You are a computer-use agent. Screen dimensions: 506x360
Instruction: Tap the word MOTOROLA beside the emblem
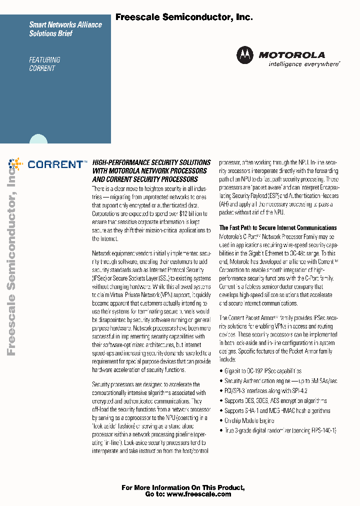point(291,55)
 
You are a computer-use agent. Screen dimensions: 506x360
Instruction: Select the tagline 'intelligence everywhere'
point(304,64)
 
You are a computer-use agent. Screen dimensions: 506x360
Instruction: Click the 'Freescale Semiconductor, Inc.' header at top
point(184,17)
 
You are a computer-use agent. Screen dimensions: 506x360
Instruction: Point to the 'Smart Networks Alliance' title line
point(65,24)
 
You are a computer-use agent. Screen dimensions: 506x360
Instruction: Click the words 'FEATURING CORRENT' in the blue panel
point(44,64)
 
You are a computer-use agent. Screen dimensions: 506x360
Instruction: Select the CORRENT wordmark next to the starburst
point(55,164)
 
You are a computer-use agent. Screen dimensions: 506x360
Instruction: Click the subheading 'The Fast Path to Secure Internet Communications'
point(278,227)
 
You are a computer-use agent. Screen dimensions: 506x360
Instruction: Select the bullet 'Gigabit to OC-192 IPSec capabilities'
point(263,371)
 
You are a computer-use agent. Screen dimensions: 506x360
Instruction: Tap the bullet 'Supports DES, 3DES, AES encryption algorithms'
point(275,400)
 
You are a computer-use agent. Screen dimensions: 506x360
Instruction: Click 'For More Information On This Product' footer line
point(183,487)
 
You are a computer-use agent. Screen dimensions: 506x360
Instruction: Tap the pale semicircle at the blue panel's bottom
point(39,140)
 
